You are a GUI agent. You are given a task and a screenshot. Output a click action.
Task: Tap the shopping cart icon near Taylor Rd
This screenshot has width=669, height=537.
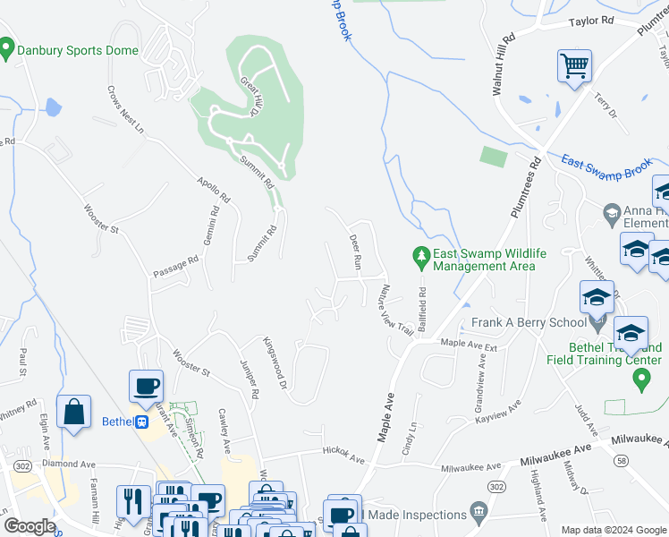[x=574, y=65]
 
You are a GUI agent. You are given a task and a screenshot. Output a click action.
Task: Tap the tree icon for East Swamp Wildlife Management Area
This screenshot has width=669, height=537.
[x=421, y=258]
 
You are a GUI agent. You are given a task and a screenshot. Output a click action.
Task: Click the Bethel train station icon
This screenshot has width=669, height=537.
[x=140, y=422]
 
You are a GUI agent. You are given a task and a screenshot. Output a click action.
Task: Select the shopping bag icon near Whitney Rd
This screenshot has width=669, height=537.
[x=73, y=413]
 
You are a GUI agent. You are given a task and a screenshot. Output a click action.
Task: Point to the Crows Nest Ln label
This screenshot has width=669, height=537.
[x=125, y=109]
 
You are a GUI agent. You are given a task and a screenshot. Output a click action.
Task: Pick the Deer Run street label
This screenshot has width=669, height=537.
[x=354, y=253]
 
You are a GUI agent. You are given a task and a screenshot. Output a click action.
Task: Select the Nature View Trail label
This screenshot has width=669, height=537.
[x=394, y=311]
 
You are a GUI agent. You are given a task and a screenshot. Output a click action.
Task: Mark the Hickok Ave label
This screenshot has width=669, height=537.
[x=344, y=456]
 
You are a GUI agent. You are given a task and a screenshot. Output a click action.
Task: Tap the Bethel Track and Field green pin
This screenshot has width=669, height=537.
[x=640, y=379]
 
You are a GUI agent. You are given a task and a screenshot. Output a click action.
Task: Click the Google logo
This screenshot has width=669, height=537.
[x=30, y=526]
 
